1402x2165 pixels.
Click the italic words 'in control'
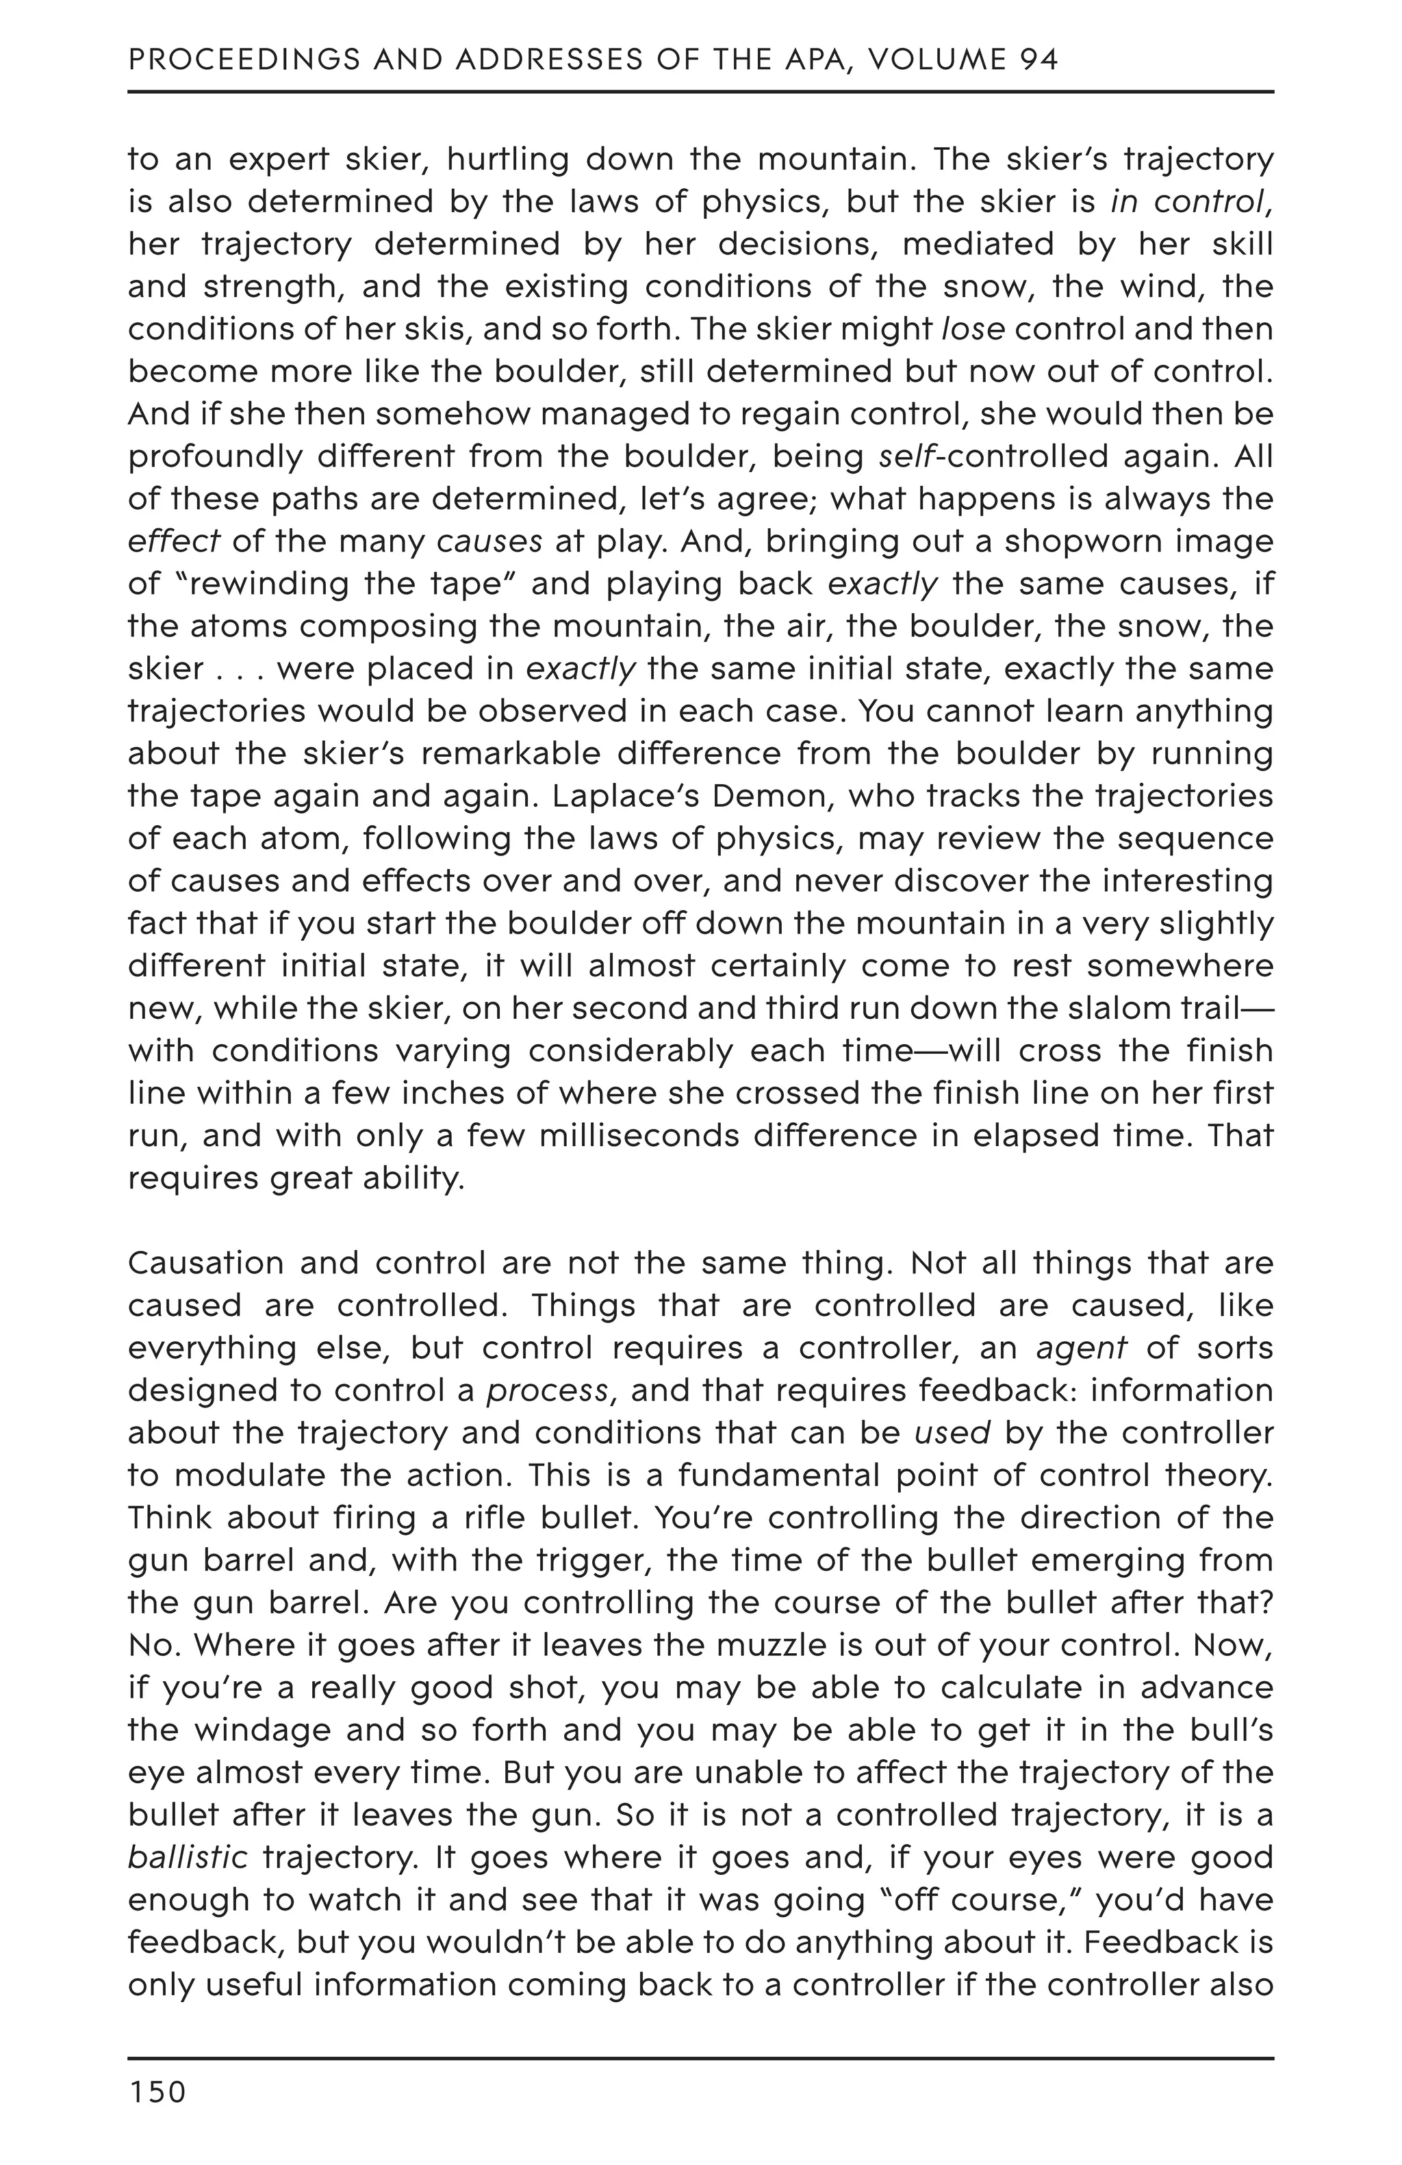(x=1187, y=202)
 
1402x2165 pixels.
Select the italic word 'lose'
(x=973, y=329)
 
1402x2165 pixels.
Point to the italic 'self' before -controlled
(x=906, y=456)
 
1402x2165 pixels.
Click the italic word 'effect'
(x=173, y=542)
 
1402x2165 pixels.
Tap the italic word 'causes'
(x=489, y=542)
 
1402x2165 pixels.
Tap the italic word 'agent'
(x=1082, y=1348)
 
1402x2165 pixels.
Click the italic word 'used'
(x=952, y=1434)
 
